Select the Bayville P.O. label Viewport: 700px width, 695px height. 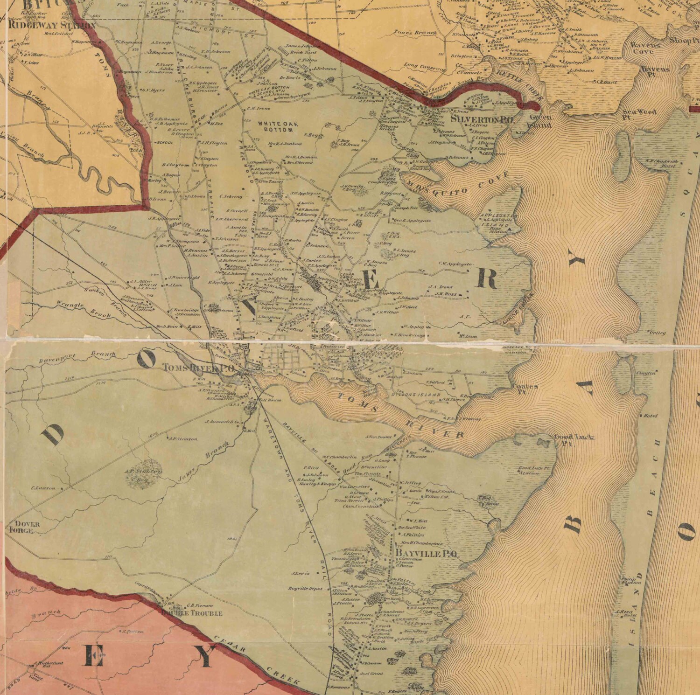point(427,554)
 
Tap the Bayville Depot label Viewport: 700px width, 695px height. point(306,589)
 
